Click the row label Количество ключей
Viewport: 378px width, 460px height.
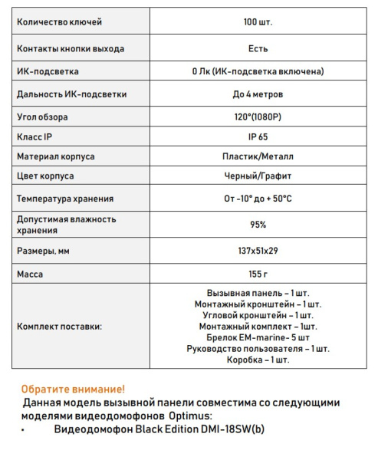(59, 22)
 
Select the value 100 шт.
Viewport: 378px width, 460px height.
(258, 22)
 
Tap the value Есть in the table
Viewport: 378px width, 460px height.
(258, 48)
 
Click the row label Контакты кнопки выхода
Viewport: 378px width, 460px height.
(71, 48)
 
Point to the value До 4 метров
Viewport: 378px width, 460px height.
(258, 94)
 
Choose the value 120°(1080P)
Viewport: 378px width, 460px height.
(258, 117)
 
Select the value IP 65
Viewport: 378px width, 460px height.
(258, 136)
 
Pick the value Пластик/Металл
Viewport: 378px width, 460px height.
(258, 156)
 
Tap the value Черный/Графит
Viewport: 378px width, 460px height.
(258, 176)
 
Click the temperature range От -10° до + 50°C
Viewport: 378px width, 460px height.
(258, 199)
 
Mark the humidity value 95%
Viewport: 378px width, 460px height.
(258, 225)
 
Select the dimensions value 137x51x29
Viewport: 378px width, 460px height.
(258, 251)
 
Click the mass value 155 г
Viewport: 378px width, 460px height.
(258, 274)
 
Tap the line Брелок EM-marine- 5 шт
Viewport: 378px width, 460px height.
(258, 337)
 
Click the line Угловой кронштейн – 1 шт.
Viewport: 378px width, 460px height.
(258, 315)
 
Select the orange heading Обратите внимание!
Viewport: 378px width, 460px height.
(73, 389)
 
